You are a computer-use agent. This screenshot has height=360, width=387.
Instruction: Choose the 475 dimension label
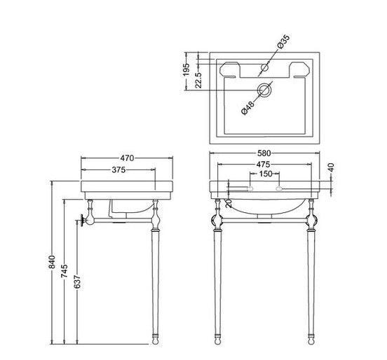pyautogui.click(x=266, y=164)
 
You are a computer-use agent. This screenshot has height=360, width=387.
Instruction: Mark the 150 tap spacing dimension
pyautogui.click(x=266, y=174)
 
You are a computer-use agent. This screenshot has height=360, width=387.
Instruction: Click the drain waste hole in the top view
pyautogui.click(x=266, y=90)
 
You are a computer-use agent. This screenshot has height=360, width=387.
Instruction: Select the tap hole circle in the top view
pyautogui.click(x=266, y=68)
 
